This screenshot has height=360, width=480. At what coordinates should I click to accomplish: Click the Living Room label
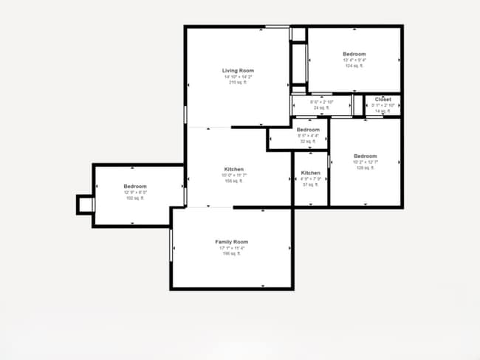tap(238, 71)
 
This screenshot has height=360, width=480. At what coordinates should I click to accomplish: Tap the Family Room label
tap(231, 242)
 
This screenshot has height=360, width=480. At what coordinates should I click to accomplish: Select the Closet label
tap(383, 100)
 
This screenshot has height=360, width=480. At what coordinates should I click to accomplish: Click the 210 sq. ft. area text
tap(238, 83)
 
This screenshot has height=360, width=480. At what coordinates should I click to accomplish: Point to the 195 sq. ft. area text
tap(231, 254)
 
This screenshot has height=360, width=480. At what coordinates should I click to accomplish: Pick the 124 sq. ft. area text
tap(354, 66)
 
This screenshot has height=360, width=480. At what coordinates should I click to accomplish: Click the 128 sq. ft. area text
tap(365, 168)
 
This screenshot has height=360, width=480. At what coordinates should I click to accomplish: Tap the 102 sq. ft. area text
tap(135, 198)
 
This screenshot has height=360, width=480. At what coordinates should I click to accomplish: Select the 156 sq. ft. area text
tap(233, 181)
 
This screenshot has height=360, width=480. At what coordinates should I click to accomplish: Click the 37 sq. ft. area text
tap(310, 184)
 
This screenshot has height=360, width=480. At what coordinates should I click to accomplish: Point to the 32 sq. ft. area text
tap(307, 142)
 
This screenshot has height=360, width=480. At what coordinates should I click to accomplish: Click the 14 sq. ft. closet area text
tap(383, 111)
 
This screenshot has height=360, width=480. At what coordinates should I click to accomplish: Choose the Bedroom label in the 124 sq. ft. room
tap(354, 54)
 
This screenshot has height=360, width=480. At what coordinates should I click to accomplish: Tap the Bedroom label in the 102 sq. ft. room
tap(135, 187)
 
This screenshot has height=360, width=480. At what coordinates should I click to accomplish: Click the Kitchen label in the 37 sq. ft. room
tap(310, 173)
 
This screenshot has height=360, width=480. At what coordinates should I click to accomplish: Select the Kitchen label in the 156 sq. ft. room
tap(233, 170)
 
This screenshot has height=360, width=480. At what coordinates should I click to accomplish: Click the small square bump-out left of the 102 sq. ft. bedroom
tap(86, 204)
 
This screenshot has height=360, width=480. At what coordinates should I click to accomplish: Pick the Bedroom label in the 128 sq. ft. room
tap(365, 156)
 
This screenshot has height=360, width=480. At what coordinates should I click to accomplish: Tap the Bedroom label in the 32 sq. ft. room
tap(307, 130)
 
